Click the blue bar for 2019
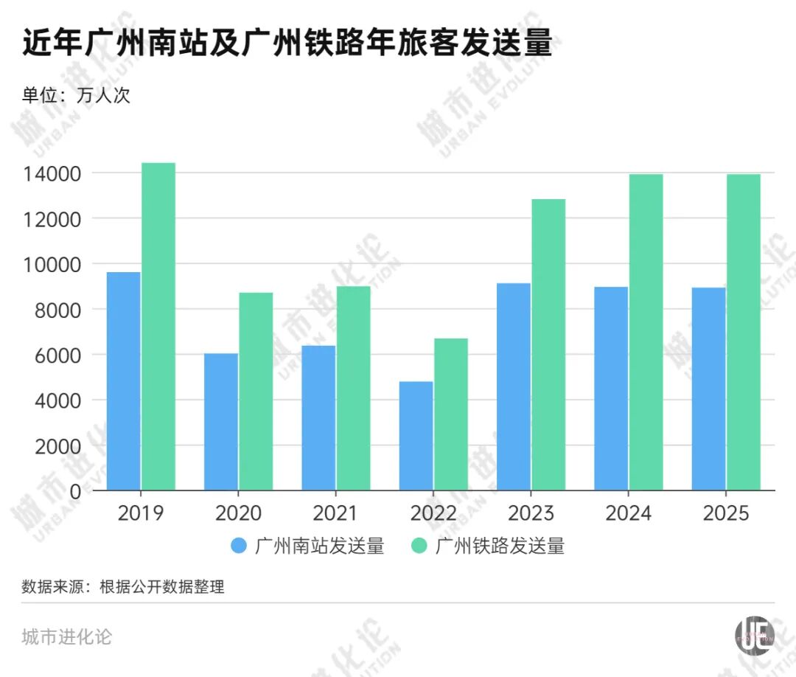tap(123, 381)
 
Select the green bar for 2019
tap(158, 327)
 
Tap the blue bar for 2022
tap(416, 436)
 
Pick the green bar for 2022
tap(451, 414)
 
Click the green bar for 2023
tap(548, 345)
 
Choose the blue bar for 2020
tap(221, 422)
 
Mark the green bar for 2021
tap(353, 388)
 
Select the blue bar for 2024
tap(611, 389)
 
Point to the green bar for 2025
tap(743, 332)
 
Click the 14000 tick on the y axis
tap(52, 174)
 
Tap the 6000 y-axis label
tap(58, 355)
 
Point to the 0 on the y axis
tap(75, 491)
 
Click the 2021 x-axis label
tap(335, 513)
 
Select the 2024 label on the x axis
tap(628, 513)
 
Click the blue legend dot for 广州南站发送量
tap(239, 546)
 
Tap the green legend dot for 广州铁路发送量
tap(419, 546)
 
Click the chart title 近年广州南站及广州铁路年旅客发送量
tap(287, 41)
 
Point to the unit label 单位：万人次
tap(76, 95)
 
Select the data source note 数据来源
tap(123, 586)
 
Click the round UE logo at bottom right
tap(755, 636)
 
